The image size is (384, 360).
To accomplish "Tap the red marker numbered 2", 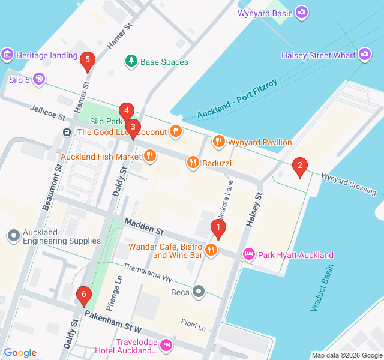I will [299, 166].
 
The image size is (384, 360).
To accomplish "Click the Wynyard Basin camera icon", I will [302, 12].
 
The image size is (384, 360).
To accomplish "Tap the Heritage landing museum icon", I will [7, 55].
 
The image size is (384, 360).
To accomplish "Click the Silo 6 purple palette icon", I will [38, 79].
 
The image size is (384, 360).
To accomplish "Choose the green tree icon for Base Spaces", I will [131, 61].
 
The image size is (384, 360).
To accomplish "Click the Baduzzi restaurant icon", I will [193, 161].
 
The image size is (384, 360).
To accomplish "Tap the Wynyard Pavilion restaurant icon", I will [219, 142].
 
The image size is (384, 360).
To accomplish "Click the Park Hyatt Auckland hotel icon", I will [248, 255].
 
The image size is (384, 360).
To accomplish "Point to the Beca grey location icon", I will [199, 292].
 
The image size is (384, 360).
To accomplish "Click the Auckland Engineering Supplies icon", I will [13, 236].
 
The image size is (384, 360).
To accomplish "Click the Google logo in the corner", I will [20, 353].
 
